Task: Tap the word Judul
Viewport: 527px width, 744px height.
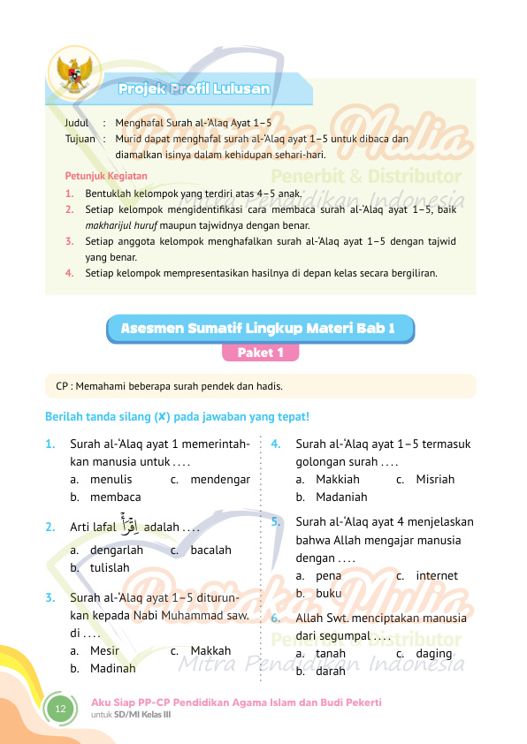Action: [x=78, y=125]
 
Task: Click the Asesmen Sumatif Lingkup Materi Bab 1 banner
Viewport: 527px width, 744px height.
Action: [x=261, y=329]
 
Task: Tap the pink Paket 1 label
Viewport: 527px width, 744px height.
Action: [x=261, y=353]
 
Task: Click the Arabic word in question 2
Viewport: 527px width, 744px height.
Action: [x=130, y=528]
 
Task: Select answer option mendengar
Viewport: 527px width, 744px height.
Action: [x=220, y=480]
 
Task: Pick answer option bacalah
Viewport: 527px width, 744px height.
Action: [x=210, y=550]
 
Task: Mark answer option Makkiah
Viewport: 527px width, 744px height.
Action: [x=335, y=480]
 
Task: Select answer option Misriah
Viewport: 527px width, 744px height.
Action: [x=435, y=480]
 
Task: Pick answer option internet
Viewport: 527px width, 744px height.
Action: [x=437, y=575]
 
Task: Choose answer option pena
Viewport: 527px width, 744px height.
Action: [x=328, y=575]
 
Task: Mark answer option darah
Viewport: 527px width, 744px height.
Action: [x=330, y=671]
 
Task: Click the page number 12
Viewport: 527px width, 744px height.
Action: [x=60, y=710]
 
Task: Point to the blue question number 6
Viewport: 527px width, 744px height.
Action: [x=277, y=618]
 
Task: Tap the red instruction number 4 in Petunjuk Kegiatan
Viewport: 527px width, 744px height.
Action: [x=69, y=273]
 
